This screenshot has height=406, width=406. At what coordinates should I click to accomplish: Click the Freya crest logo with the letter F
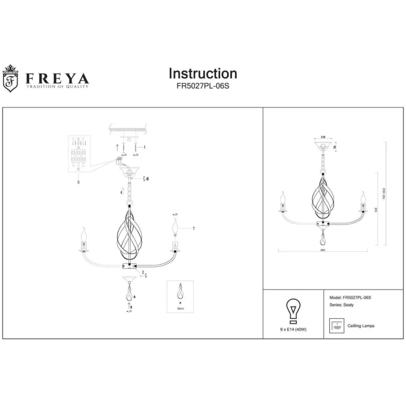coord(10,79)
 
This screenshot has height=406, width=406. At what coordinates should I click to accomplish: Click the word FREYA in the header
coord(58,78)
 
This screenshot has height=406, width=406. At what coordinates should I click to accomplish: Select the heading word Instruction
coord(203,74)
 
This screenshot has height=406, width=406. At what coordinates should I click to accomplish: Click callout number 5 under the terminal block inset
coord(78,182)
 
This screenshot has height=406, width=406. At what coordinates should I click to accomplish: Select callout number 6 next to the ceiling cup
coord(148,179)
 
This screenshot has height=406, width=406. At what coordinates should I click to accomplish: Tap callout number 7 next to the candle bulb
coord(194,228)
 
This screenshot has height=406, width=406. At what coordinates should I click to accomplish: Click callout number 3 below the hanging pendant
coord(131,307)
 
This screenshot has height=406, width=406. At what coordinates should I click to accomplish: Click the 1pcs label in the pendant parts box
coord(180,307)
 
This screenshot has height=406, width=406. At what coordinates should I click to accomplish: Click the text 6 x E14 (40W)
coord(293,330)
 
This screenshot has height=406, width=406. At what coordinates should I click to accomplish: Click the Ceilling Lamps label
coord(361,326)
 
